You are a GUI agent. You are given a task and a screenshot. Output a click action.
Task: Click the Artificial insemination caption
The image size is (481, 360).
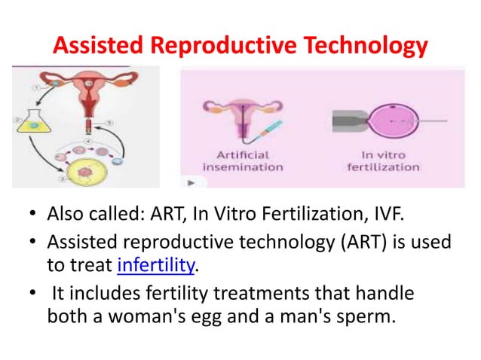click(x=240, y=160)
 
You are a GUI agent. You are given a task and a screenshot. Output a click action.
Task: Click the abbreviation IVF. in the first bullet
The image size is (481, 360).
click(x=388, y=218)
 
